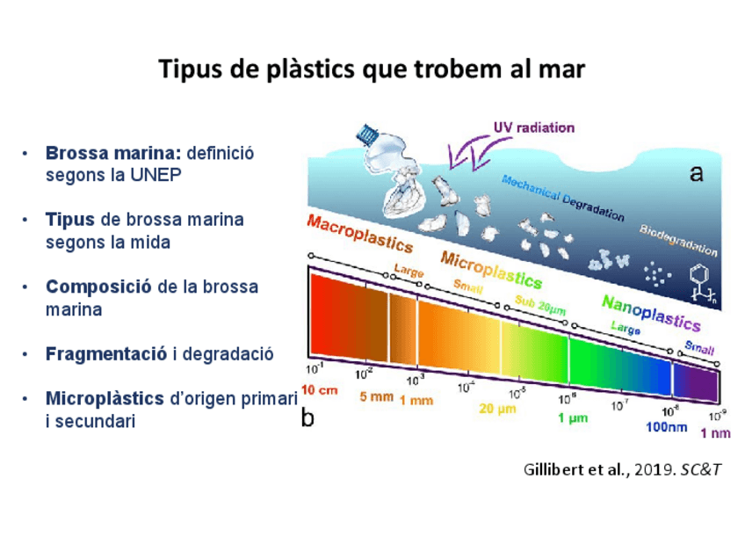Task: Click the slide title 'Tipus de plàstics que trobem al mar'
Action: click(372, 69)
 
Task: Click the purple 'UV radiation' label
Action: click(533, 127)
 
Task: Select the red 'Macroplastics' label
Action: click(359, 233)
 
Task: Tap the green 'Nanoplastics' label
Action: click(650, 312)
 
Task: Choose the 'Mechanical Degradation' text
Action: click(562, 198)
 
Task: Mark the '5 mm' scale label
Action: click(376, 397)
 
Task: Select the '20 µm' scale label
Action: click(496, 408)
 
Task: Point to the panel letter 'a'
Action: click(696, 174)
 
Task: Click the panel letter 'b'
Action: click(307, 417)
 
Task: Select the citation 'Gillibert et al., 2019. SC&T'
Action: click(622, 469)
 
